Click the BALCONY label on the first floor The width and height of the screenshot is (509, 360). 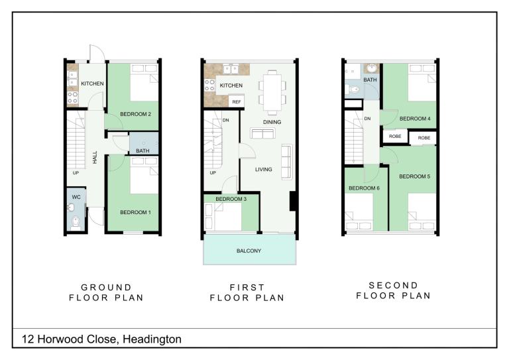(x=249, y=251)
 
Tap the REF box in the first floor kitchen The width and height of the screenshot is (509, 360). (x=237, y=101)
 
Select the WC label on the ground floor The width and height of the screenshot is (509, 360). (x=76, y=197)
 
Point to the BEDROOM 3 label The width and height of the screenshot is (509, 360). (x=231, y=199)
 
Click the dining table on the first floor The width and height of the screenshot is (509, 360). (x=272, y=93)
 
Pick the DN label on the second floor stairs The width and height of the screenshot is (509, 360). (x=367, y=119)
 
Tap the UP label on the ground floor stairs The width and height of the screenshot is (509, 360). (x=76, y=173)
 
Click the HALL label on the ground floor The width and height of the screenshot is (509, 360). (x=95, y=157)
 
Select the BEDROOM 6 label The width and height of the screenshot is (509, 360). (x=364, y=188)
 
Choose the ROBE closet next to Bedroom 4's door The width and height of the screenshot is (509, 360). (x=395, y=137)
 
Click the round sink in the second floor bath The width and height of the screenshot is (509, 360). (x=371, y=68)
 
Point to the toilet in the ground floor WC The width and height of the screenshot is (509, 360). (x=76, y=222)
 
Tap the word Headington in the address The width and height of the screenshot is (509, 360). (x=152, y=339)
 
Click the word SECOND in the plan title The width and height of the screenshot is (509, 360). (x=394, y=285)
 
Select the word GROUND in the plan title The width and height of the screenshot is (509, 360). (x=106, y=288)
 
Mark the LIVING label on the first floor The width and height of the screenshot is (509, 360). (x=263, y=170)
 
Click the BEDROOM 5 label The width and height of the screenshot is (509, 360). (x=414, y=176)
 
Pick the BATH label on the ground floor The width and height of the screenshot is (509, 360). (x=142, y=151)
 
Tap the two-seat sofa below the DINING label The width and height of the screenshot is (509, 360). (x=262, y=133)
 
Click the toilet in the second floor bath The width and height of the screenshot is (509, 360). (x=353, y=90)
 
